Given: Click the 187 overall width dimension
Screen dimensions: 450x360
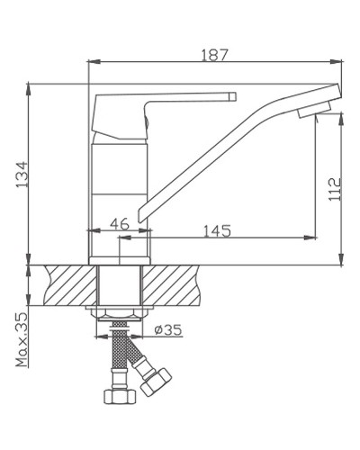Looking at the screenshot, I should click(216, 54).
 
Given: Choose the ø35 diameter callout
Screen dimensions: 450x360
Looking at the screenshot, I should click(167, 330).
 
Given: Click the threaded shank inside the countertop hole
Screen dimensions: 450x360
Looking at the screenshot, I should click(121, 283).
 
